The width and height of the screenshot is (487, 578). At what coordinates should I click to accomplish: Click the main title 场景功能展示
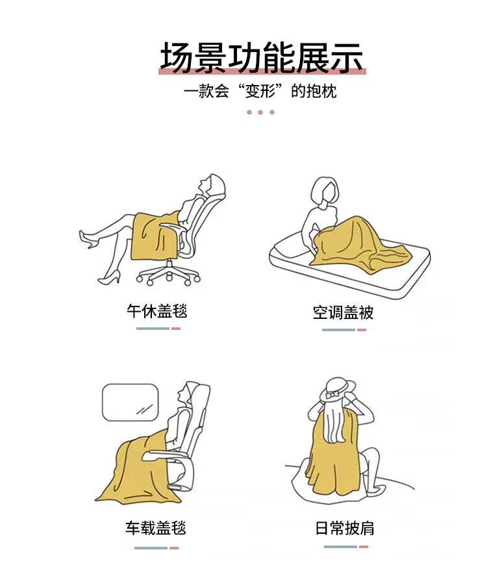[x=262, y=57]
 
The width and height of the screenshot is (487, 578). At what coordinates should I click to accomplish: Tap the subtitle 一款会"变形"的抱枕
[x=260, y=91]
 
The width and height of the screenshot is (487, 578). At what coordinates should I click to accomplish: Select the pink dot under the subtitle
[x=260, y=112]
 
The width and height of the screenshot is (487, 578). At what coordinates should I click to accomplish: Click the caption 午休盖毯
[x=157, y=311]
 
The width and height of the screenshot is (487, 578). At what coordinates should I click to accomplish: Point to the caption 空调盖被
[x=343, y=312]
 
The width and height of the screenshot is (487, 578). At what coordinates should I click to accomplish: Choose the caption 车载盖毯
[x=156, y=528]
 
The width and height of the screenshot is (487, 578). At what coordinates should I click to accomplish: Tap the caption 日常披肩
[x=345, y=528]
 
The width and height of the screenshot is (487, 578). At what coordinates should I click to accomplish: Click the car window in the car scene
[x=130, y=402]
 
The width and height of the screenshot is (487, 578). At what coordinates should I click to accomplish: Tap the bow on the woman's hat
[x=332, y=394]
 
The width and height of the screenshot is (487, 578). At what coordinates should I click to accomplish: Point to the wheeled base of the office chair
[x=168, y=275]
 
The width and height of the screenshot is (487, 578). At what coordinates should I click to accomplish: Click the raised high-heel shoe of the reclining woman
[x=88, y=239]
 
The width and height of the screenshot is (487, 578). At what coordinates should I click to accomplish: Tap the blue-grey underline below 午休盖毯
[x=153, y=329]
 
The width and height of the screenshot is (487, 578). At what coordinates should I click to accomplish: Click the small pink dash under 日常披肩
[x=364, y=547]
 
